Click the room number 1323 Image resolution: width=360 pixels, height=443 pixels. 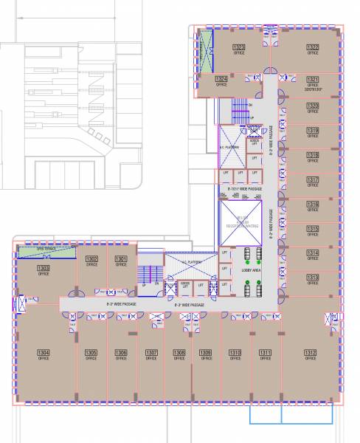pyautogui.click(x=239, y=48)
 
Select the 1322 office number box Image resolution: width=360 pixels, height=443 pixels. pyautogui.click(x=313, y=48)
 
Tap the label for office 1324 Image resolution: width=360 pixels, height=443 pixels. pyautogui.click(x=221, y=79)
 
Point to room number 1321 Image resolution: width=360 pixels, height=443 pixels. pyautogui.click(x=313, y=79)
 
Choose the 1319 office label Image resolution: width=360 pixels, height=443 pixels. pyautogui.click(x=313, y=131)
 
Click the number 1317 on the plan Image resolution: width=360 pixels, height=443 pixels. pyautogui.click(x=313, y=179)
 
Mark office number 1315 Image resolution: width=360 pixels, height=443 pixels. pyautogui.click(x=313, y=228)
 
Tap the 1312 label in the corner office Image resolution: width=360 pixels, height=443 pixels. pyautogui.click(x=311, y=353)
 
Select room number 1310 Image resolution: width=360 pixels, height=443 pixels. pyautogui.click(x=235, y=353)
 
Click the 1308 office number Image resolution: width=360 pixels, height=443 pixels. pyautogui.click(x=179, y=353)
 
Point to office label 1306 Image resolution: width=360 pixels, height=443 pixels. pyautogui.click(x=122, y=353)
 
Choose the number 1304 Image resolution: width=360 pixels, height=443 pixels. pyautogui.click(x=44, y=353)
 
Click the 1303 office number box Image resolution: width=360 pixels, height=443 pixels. pyautogui.click(x=44, y=268)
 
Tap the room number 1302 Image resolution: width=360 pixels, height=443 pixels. pyautogui.click(x=92, y=259)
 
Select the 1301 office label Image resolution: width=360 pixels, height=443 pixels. pyautogui.click(x=121, y=259)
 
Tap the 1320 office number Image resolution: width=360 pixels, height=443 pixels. pyautogui.click(x=313, y=106)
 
